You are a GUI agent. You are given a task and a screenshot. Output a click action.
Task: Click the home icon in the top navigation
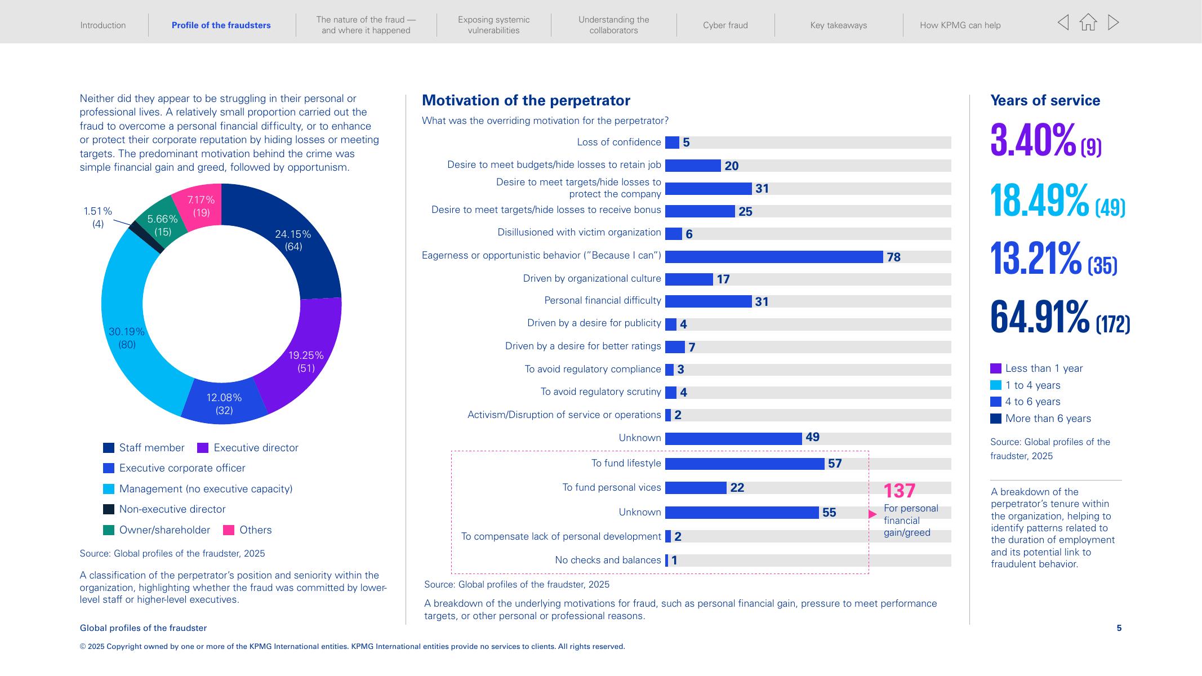tap(1088, 23)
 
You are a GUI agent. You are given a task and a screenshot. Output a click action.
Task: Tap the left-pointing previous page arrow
tap(1063, 23)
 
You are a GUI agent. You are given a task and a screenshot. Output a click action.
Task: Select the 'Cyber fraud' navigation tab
tap(725, 25)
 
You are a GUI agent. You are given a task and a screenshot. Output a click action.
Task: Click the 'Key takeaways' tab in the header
tap(838, 25)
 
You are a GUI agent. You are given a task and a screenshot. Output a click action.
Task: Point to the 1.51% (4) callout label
tap(98, 217)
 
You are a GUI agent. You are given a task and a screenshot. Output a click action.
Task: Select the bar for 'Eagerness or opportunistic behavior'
tap(773, 257)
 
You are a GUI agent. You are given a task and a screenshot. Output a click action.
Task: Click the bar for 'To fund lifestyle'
tap(744, 464)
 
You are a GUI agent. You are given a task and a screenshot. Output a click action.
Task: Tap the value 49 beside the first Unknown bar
tap(812, 437)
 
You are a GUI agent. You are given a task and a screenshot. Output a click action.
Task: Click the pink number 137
tap(900, 491)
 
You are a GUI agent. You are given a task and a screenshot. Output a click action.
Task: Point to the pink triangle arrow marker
tap(872, 514)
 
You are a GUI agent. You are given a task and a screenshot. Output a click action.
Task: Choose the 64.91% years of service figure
tap(1039, 317)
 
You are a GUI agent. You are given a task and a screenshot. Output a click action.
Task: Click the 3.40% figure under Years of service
tap(1033, 140)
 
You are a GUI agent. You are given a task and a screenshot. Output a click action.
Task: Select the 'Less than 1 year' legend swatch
tap(995, 368)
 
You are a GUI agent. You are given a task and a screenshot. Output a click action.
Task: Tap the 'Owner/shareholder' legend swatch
tap(109, 530)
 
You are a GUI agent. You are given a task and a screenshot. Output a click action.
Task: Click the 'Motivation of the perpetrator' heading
tap(526, 100)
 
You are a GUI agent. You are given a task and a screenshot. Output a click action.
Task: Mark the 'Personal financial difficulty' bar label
tap(602, 301)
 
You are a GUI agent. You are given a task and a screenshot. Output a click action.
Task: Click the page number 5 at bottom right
tap(1119, 628)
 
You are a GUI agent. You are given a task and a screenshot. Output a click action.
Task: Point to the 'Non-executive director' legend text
tap(172, 509)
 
